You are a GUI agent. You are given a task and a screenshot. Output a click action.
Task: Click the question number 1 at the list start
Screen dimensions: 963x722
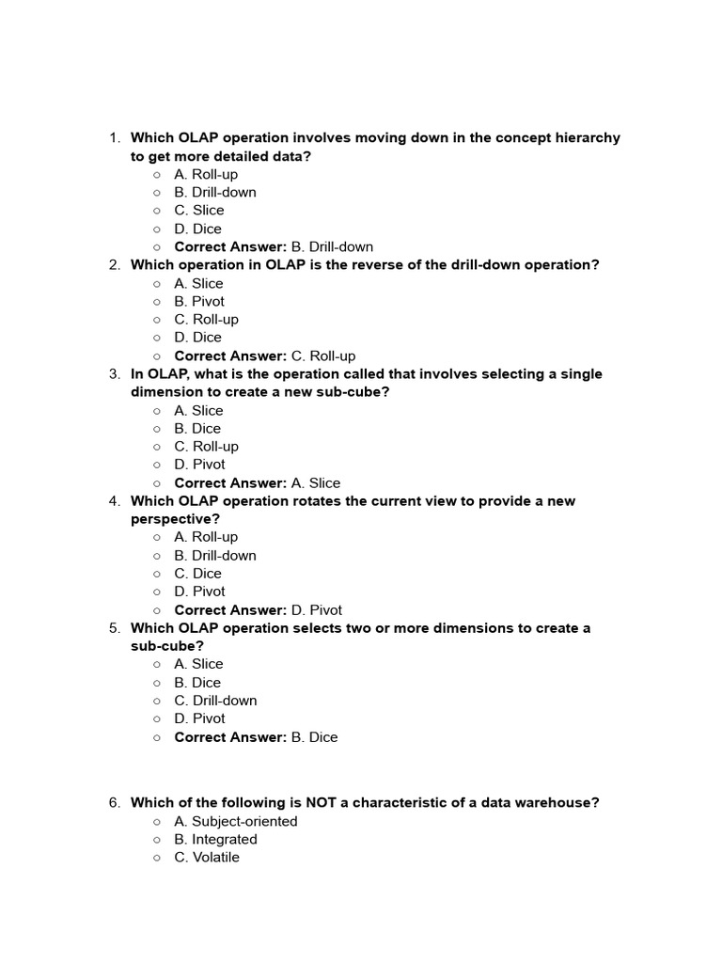click(x=114, y=138)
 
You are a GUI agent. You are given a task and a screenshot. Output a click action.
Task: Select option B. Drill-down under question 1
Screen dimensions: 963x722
click(x=214, y=192)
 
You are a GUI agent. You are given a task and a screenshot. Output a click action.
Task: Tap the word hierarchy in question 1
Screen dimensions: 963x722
click(x=585, y=138)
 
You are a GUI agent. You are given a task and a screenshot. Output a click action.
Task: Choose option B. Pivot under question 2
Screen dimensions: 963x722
click(x=199, y=302)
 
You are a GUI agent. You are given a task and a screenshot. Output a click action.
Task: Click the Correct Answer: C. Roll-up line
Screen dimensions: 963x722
click(x=265, y=356)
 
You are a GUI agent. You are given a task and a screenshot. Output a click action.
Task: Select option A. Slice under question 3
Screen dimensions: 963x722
click(x=198, y=410)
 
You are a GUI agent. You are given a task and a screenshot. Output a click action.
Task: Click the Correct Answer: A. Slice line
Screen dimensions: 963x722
click(x=258, y=483)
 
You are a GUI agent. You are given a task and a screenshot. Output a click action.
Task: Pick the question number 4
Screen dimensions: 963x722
click(x=114, y=501)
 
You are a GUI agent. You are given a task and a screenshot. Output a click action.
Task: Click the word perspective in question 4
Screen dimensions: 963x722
click(x=175, y=519)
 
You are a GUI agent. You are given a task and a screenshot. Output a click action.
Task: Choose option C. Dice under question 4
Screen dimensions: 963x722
click(x=197, y=574)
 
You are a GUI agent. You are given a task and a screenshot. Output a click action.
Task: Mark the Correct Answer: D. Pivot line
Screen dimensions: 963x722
click(x=259, y=610)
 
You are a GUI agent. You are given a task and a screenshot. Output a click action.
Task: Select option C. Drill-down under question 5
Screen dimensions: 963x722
click(x=215, y=701)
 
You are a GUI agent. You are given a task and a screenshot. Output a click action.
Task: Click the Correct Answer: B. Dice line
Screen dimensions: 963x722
click(x=256, y=737)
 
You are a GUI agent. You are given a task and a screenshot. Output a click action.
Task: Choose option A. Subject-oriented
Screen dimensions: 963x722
click(x=235, y=821)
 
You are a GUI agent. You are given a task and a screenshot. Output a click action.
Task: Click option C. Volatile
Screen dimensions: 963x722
click(x=207, y=858)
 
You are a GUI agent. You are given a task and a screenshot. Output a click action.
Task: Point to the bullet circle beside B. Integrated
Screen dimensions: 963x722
click(x=157, y=840)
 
